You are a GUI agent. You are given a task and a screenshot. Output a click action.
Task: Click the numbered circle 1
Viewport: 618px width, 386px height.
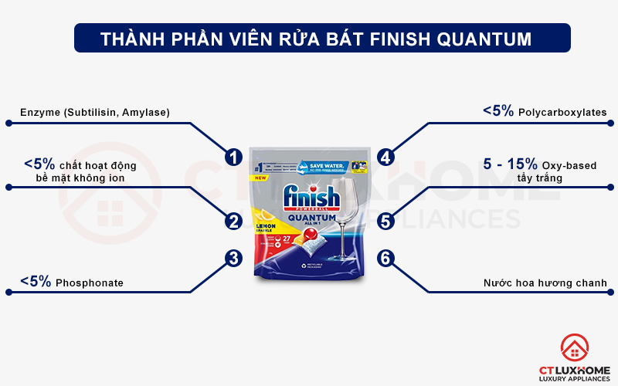(233, 157)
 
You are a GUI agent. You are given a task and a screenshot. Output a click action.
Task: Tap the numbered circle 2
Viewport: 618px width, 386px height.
(233, 222)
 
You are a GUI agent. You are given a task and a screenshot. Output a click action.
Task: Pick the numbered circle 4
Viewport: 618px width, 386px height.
(386, 157)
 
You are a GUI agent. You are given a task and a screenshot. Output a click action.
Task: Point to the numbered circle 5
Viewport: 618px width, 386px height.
(386, 222)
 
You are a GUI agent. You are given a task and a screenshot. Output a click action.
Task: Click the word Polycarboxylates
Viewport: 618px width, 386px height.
(562, 113)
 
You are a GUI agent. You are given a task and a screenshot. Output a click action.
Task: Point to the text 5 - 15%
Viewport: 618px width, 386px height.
(510, 164)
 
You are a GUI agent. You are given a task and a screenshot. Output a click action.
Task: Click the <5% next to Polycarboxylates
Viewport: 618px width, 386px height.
(498, 112)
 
